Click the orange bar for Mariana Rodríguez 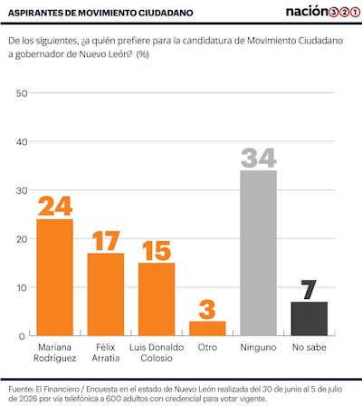[x=54, y=277]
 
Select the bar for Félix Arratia [x=106, y=295]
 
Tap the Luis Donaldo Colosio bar [x=157, y=299]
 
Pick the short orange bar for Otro [x=207, y=328]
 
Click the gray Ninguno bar [x=259, y=253]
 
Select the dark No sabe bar [x=310, y=319]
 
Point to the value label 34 [x=259, y=158]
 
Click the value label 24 [x=55, y=206]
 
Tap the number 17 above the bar [x=106, y=241]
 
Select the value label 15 [x=157, y=251]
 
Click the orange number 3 [x=207, y=309]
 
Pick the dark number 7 [x=309, y=289]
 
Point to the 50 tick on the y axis [x=22, y=93]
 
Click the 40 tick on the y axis [x=22, y=141]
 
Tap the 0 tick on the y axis [x=22, y=336]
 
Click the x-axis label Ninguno [x=258, y=347]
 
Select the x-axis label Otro [x=207, y=347]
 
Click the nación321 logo [x=323, y=12]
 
